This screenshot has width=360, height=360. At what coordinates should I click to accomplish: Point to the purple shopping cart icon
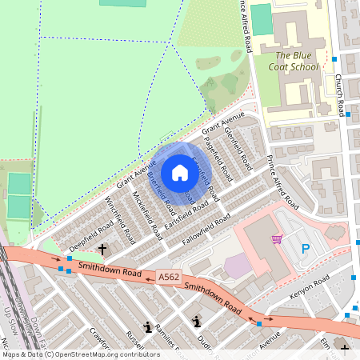[277, 238]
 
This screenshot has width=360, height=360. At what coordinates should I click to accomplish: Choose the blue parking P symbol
[305, 250]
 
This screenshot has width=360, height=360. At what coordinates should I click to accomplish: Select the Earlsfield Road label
[186, 210]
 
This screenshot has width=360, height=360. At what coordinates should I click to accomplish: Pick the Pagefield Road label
[218, 159]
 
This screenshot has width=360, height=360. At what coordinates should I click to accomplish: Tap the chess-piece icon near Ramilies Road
[147, 326]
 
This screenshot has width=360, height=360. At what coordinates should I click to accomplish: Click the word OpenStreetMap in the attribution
[89, 354]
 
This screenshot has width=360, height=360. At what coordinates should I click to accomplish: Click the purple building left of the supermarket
[237, 266]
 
